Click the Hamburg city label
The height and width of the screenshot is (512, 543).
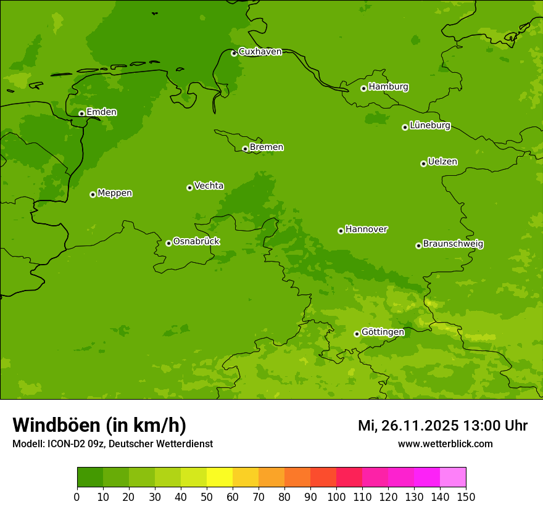tap(388, 87)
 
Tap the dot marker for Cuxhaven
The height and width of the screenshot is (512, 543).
tap(234, 53)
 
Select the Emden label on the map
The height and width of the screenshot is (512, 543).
tap(101, 112)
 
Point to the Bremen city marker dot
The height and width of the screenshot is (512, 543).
tap(245, 149)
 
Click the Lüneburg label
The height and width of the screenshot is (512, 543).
tap(429, 126)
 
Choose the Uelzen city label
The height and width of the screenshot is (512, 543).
tap(442, 162)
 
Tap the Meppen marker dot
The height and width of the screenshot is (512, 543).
tap(93, 194)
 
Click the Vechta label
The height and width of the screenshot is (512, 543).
tap(209, 186)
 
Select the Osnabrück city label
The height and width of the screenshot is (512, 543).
tap(196, 241)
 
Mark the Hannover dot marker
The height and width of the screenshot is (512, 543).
tap(341, 231)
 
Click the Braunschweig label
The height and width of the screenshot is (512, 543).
tap(453, 244)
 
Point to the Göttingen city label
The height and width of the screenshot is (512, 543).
tap(383, 332)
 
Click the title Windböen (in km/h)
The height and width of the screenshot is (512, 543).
tap(99, 425)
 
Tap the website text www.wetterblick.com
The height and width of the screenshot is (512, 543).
tap(445, 444)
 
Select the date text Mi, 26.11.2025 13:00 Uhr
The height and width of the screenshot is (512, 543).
tap(442, 426)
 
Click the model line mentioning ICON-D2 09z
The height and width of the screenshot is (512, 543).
tap(112, 444)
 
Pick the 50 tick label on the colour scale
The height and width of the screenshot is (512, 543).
tap(207, 497)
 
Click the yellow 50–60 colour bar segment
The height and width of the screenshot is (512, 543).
tap(220, 477)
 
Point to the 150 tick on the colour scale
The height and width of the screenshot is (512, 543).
tap(466, 497)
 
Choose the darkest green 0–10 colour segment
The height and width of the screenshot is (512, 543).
tap(90, 477)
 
